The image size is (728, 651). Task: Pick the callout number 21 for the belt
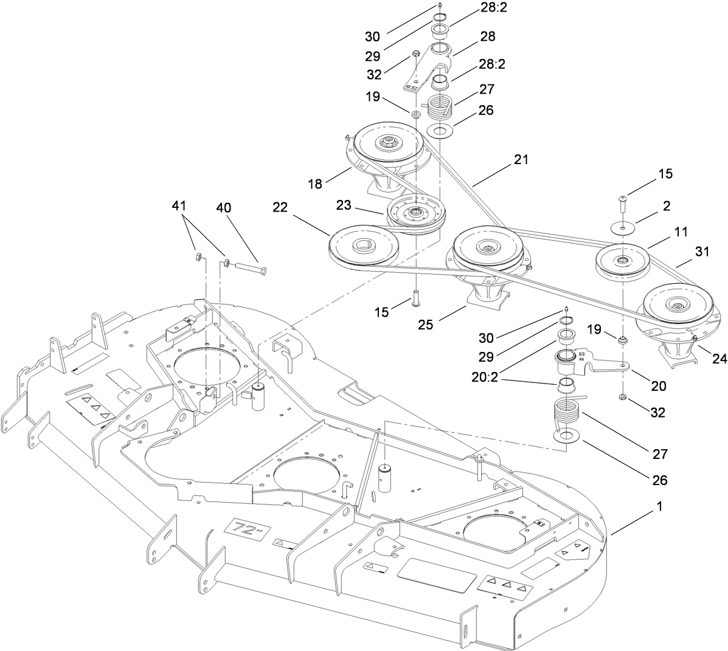[x=520, y=160]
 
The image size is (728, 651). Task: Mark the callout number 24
[x=719, y=359]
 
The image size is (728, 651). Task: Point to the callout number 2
[x=667, y=206]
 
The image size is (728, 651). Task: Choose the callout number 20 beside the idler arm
[x=658, y=385]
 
